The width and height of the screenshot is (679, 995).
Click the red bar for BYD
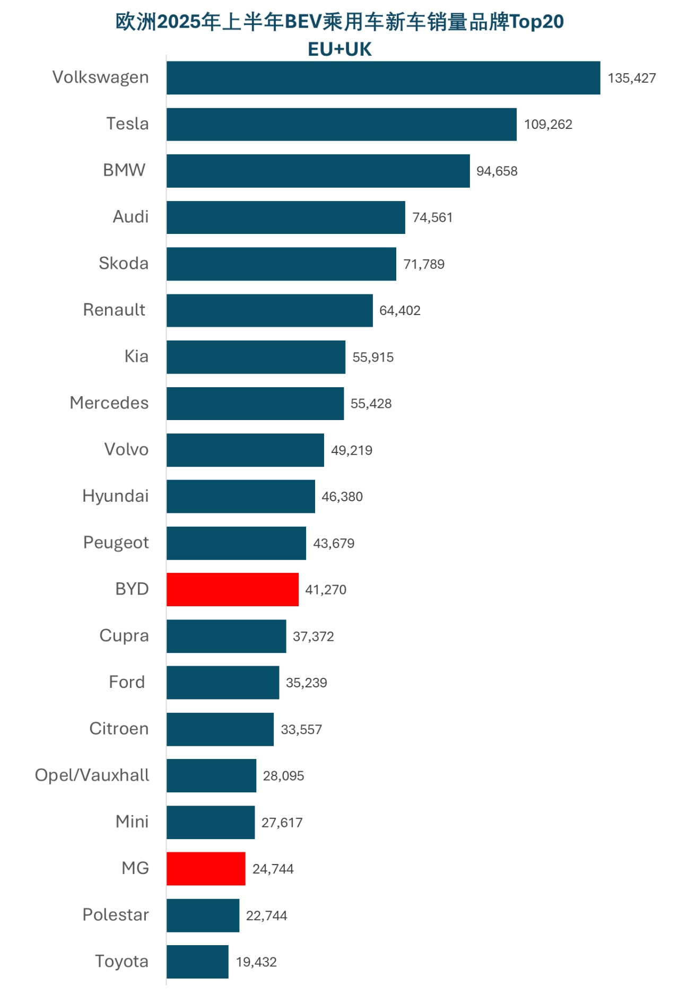coord(232,589)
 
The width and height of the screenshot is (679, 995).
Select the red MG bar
coord(206,869)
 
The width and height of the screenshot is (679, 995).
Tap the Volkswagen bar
coord(383,78)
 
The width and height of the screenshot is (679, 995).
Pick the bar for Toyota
coord(197,962)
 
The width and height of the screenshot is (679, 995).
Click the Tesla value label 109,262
coord(548,125)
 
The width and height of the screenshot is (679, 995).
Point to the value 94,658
coord(497,171)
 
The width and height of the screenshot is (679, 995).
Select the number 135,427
coord(631,78)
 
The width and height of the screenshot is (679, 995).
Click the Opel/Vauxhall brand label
coord(92,775)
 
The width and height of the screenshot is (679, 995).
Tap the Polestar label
coord(116,915)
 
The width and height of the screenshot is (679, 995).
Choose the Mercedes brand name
coord(109,403)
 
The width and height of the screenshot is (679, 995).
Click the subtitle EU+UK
coord(339,49)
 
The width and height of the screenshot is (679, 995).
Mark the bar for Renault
coord(269,311)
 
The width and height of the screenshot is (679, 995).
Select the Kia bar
coord(256,357)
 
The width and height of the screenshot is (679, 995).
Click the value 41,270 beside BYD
coord(326,590)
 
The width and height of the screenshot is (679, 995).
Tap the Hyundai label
coord(116,496)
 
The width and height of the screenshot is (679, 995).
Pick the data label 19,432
coord(256,962)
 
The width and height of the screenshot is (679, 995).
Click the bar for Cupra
coord(226,636)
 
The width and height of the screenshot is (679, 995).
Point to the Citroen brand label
coord(119,729)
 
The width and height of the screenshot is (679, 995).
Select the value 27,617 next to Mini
coord(282,823)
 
